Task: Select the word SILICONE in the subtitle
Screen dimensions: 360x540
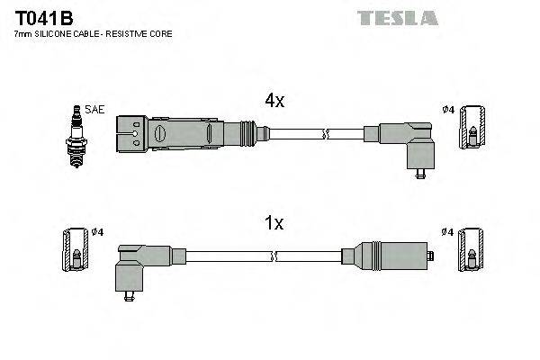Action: tap(55, 33)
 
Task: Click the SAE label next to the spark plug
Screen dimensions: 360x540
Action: tap(96, 110)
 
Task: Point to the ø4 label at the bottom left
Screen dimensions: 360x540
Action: tap(98, 232)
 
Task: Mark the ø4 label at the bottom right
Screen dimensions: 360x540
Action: tap(447, 232)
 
